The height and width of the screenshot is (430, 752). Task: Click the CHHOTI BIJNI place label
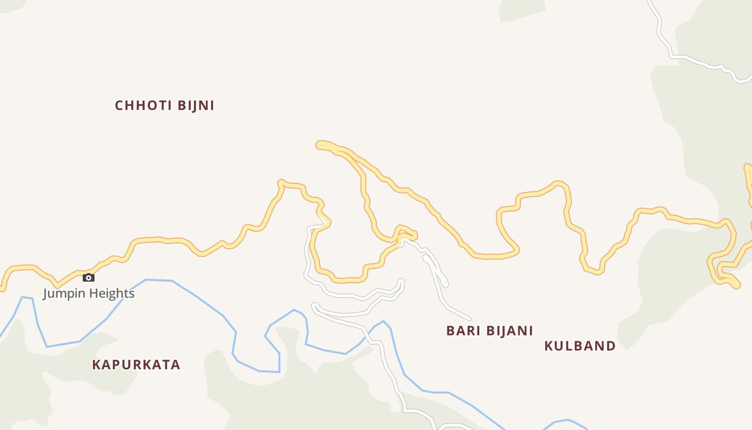click(164, 105)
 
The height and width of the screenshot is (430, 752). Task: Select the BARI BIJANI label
click(489, 331)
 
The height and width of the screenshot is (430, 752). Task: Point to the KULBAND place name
click(580, 346)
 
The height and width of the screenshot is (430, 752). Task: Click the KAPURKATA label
click(136, 364)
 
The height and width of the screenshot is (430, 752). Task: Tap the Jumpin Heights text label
click(89, 293)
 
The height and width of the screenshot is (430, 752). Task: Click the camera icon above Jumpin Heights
click(89, 278)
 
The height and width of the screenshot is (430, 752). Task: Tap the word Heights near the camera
click(112, 293)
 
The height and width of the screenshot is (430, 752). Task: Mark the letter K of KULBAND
click(549, 346)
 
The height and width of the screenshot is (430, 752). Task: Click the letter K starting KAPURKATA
click(97, 364)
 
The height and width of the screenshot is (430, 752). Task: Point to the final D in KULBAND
click(611, 346)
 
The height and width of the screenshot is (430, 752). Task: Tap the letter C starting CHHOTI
click(119, 105)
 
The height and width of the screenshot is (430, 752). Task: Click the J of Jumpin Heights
click(46, 293)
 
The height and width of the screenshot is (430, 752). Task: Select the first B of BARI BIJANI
click(451, 331)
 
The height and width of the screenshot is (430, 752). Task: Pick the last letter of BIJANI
click(531, 331)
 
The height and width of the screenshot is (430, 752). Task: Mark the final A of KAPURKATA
click(176, 364)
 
